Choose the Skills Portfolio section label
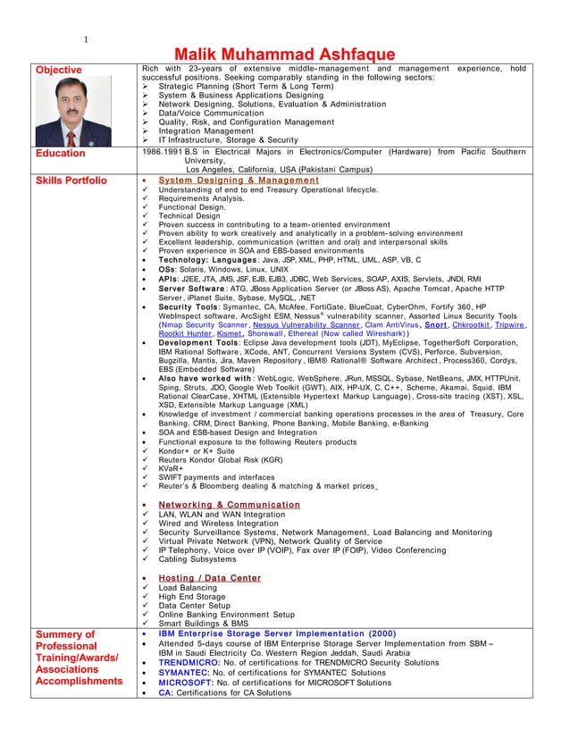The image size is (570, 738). tap(71, 180)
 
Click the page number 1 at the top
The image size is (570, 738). tap(86, 38)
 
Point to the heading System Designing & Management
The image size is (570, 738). tap(238, 180)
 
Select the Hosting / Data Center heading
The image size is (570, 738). tap(210, 578)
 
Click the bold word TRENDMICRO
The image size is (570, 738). tap(189, 665)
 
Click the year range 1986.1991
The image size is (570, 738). tap(161, 153)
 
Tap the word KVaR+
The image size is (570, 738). tap(171, 467)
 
